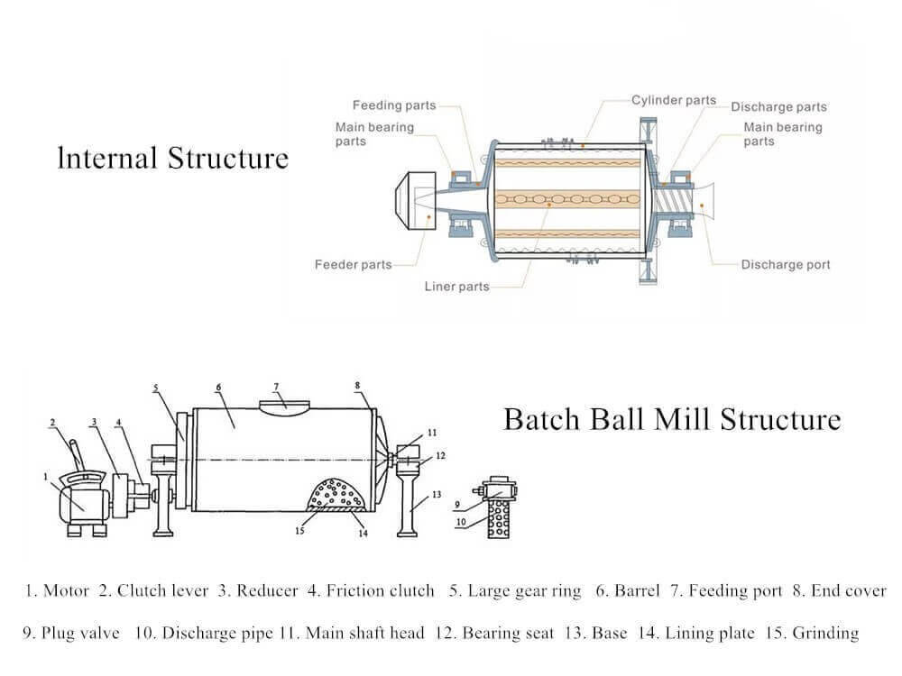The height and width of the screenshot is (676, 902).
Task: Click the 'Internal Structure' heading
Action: pos(172,159)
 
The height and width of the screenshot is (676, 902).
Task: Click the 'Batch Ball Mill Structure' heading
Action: pos(671,419)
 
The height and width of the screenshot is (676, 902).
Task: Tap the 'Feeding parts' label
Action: pos(394,105)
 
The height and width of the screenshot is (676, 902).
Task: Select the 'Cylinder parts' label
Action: pos(673,101)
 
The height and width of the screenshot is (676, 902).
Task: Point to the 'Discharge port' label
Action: pos(785,265)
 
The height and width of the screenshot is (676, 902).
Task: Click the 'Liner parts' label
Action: pos(456,287)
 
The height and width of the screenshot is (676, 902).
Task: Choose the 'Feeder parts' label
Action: pos(353,265)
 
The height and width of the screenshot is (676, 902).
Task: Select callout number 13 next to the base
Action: pos(437,494)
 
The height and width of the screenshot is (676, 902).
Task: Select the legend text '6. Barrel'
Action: pos(628,591)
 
